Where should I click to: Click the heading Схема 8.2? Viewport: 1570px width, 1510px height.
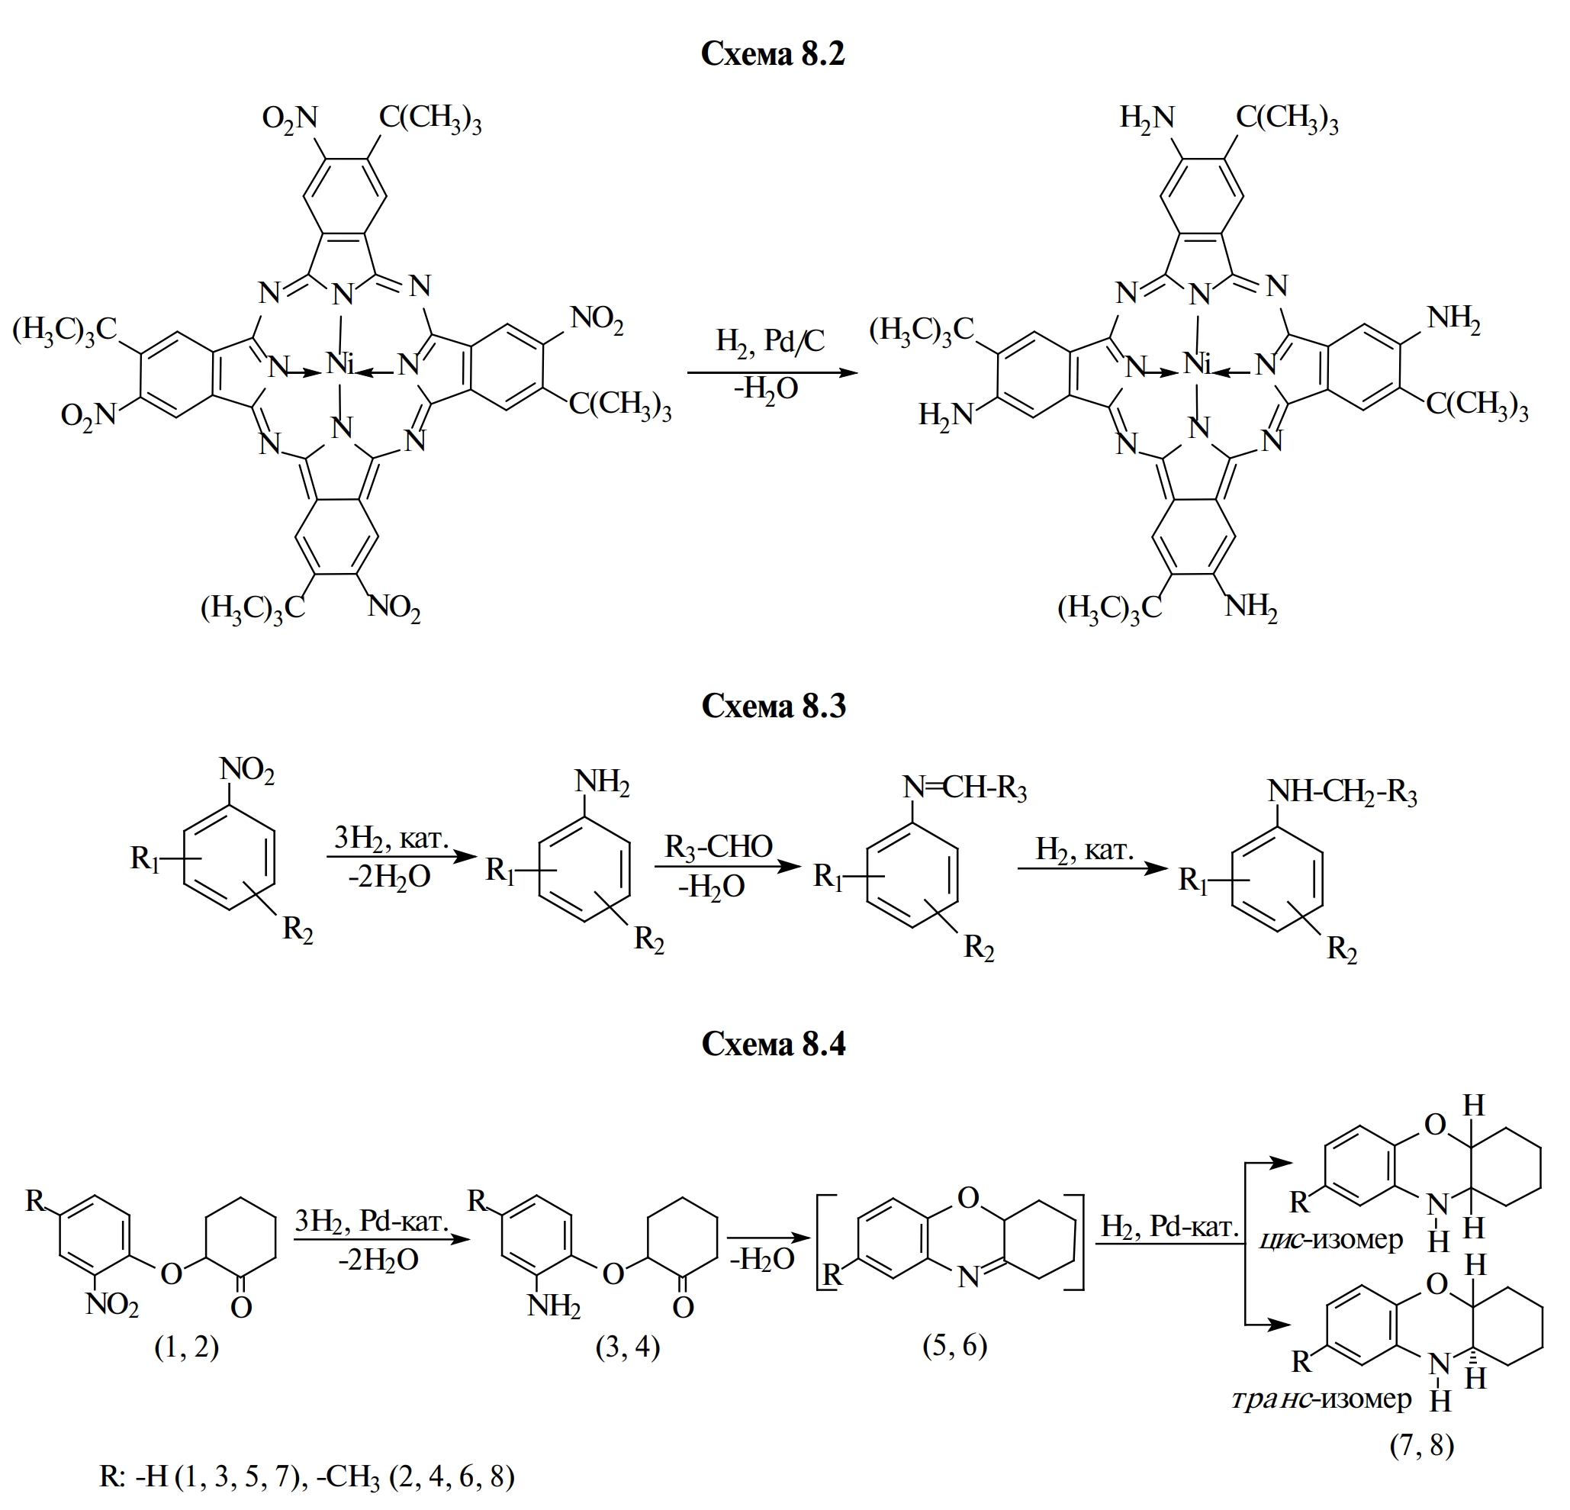point(772,54)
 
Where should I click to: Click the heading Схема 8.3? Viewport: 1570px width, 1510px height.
point(772,706)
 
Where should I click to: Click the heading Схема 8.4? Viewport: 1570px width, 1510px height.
point(772,1044)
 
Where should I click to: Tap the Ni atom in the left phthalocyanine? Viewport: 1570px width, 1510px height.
point(340,365)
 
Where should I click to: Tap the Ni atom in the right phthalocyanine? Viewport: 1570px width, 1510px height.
point(1198,365)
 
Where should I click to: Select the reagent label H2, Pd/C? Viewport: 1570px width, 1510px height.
point(770,341)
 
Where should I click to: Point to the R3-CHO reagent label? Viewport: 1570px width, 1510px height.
point(719,847)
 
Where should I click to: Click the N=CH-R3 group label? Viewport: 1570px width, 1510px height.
point(964,788)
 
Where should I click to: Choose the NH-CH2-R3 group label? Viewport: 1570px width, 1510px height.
point(1342,792)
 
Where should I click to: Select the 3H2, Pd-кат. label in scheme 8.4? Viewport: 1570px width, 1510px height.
point(371,1221)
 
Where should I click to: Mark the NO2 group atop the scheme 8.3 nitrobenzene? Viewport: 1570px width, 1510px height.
point(246,772)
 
